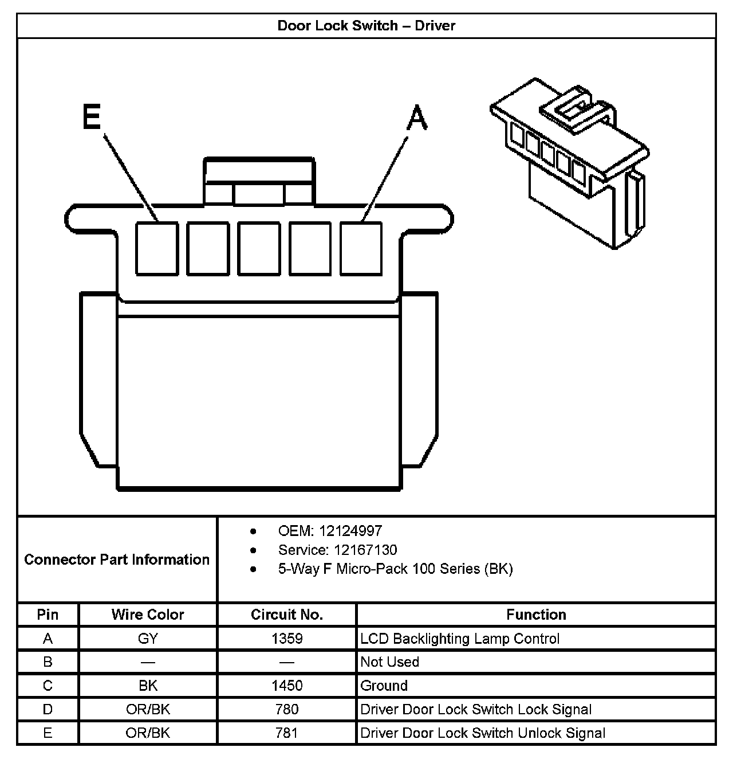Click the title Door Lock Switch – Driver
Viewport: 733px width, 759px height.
tap(366, 26)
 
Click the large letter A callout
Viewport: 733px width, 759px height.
tap(417, 119)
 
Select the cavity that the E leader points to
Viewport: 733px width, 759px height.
tap(156, 248)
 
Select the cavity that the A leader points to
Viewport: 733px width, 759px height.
tap(361, 248)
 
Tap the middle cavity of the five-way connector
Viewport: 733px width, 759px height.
tap(259, 248)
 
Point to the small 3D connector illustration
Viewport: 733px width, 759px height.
tap(570, 166)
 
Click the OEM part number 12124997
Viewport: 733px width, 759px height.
tap(350, 531)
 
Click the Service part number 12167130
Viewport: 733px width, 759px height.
tap(365, 550)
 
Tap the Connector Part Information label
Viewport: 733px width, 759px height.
tap(117, 560)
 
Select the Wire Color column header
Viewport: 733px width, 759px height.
tap(148, 615)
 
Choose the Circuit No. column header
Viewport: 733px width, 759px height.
tap(287, 615)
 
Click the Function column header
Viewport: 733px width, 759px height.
tap(536, 615)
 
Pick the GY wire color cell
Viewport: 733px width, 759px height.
tap(148, 639)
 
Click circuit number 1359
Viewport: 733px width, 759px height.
tap(287, 639)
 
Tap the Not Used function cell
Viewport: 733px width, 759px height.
tap(390, 662)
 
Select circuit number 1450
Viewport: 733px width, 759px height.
tap(287, 686)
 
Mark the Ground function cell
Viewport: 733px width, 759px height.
tap(384, 686)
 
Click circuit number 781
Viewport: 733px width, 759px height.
tap(287, 733)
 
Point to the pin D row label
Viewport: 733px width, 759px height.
tap(48, 709)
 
